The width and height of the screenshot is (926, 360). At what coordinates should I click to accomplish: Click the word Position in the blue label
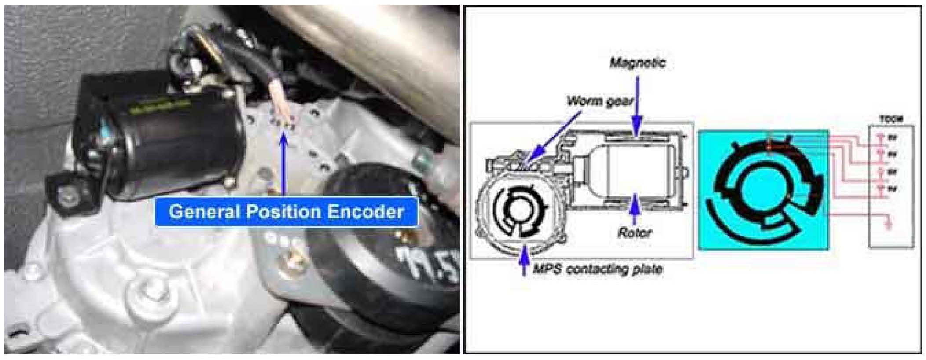pos(283,212)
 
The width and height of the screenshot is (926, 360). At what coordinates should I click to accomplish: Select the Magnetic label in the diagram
pos(637,63)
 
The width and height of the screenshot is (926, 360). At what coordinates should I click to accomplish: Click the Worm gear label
pos(600,102)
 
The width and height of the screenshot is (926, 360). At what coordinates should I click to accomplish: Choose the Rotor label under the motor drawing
pos(634,232)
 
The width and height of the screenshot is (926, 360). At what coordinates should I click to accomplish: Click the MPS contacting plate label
pos(598,269)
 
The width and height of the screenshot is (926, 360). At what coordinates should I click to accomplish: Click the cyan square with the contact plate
pos(763,190)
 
